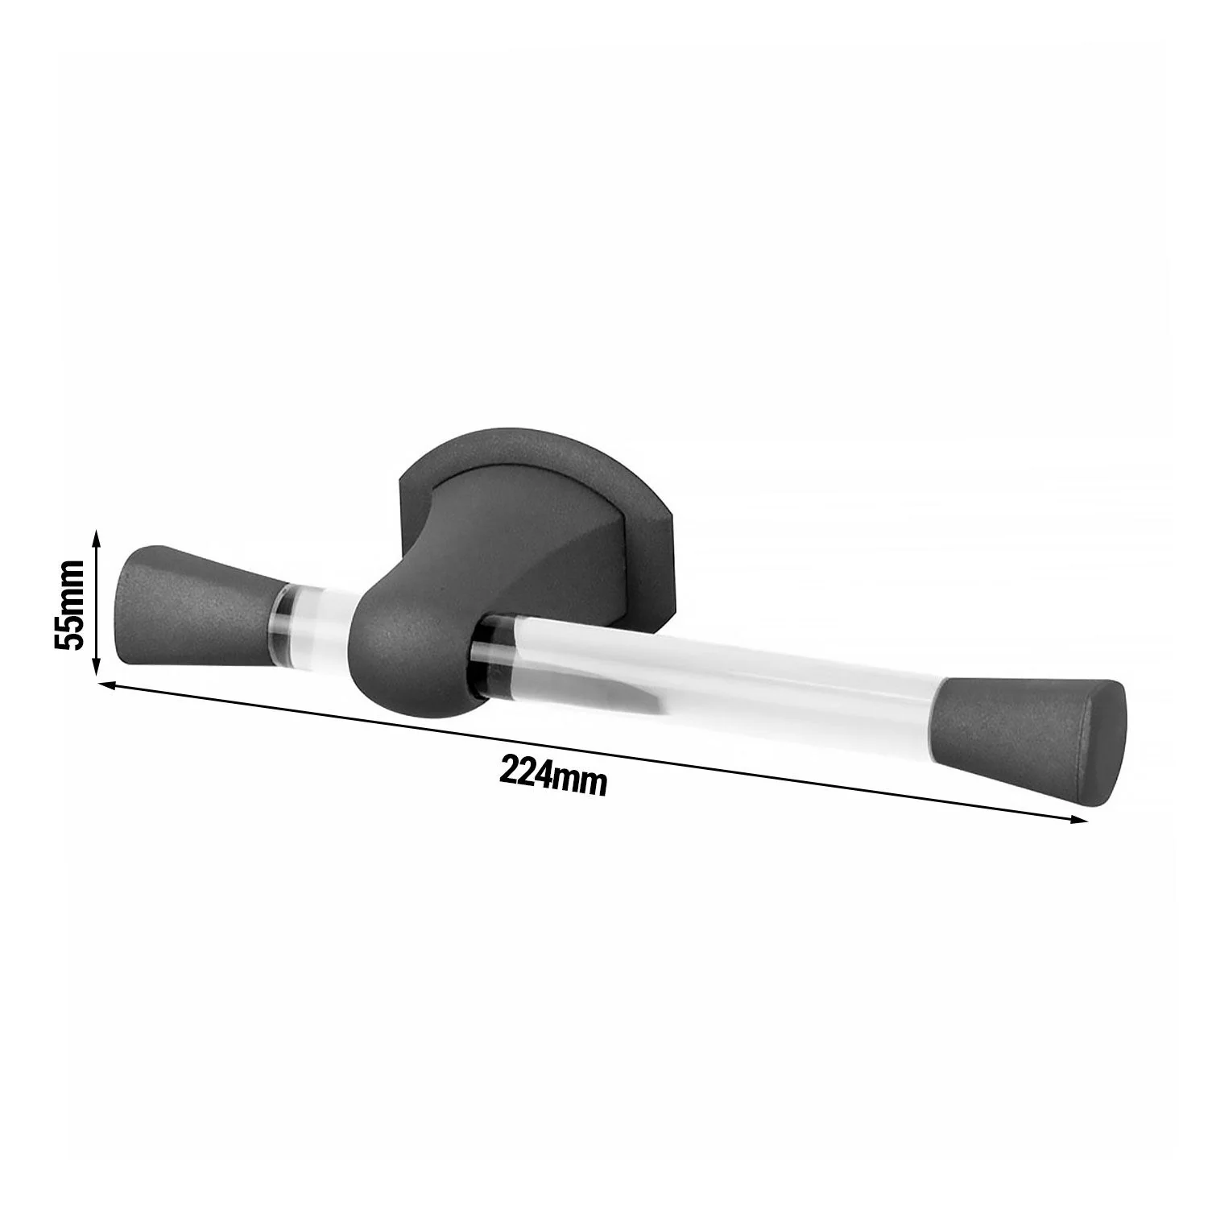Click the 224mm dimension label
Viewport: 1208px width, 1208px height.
click(x=552, y=776)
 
